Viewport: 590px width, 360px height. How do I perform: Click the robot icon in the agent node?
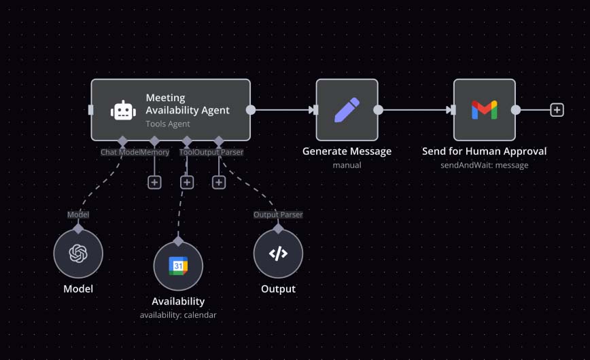(x=123, y=110)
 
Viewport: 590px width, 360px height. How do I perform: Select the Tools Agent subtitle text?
(x=167, y=124)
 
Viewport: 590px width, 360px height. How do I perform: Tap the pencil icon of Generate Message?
(x=347, y=109)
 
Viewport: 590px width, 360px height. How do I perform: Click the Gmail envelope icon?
(x=484, y=109)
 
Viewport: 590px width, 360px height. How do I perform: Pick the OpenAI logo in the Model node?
(x=78, y=254)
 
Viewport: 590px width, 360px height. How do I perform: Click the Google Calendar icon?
(x=178, y=266)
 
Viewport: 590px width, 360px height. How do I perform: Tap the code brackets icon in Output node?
(x=278, y=254)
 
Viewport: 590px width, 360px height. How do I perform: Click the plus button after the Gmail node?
(x=557, y=109)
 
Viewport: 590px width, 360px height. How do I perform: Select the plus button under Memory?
(x=154, y=182)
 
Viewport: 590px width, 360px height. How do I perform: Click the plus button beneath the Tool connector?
(x=187, y=182)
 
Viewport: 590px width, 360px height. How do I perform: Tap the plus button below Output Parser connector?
(x=219, y=182)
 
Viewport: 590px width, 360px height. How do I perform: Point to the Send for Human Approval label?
(x=484, y=151)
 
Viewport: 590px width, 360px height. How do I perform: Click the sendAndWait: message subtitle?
(x=484, y=164)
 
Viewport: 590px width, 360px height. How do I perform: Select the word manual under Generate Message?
(x=347, y=164)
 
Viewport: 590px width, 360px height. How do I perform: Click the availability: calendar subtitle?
(x=178, y=314)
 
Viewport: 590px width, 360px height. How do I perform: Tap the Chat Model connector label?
(x=120, y=152)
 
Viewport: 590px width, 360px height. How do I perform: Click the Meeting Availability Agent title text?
(x=188, y=104)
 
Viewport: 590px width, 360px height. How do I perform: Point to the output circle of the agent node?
(x=251, y=109)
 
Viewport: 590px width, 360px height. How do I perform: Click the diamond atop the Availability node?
(x=178, y=241)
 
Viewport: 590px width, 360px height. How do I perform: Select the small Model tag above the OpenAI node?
(x=78, y=215)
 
